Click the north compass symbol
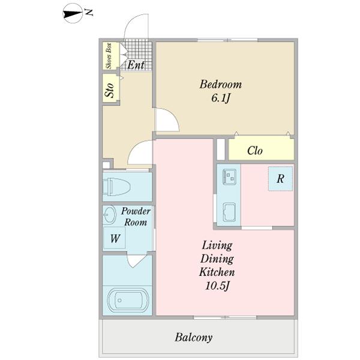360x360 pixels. (73, 14)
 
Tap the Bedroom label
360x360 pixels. (220, 84)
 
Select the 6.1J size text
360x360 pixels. (220, 98)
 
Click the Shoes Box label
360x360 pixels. (109, 56)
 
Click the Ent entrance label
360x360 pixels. (136, 65)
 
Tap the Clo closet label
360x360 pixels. (255, 151)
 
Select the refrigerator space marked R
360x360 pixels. (281, 179)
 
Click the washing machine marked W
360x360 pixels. (115, 238)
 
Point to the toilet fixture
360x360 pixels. (116, 187)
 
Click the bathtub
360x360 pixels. (128, 301)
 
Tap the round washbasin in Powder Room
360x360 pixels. (109, 215)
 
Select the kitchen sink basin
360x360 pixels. (229, 212)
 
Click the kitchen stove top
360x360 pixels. (229, 177)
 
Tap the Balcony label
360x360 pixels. (193, 337)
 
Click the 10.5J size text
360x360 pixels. (217, 286)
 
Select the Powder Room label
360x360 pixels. (136, 217)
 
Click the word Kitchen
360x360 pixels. (217, 272)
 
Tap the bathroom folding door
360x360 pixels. (136, 260)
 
